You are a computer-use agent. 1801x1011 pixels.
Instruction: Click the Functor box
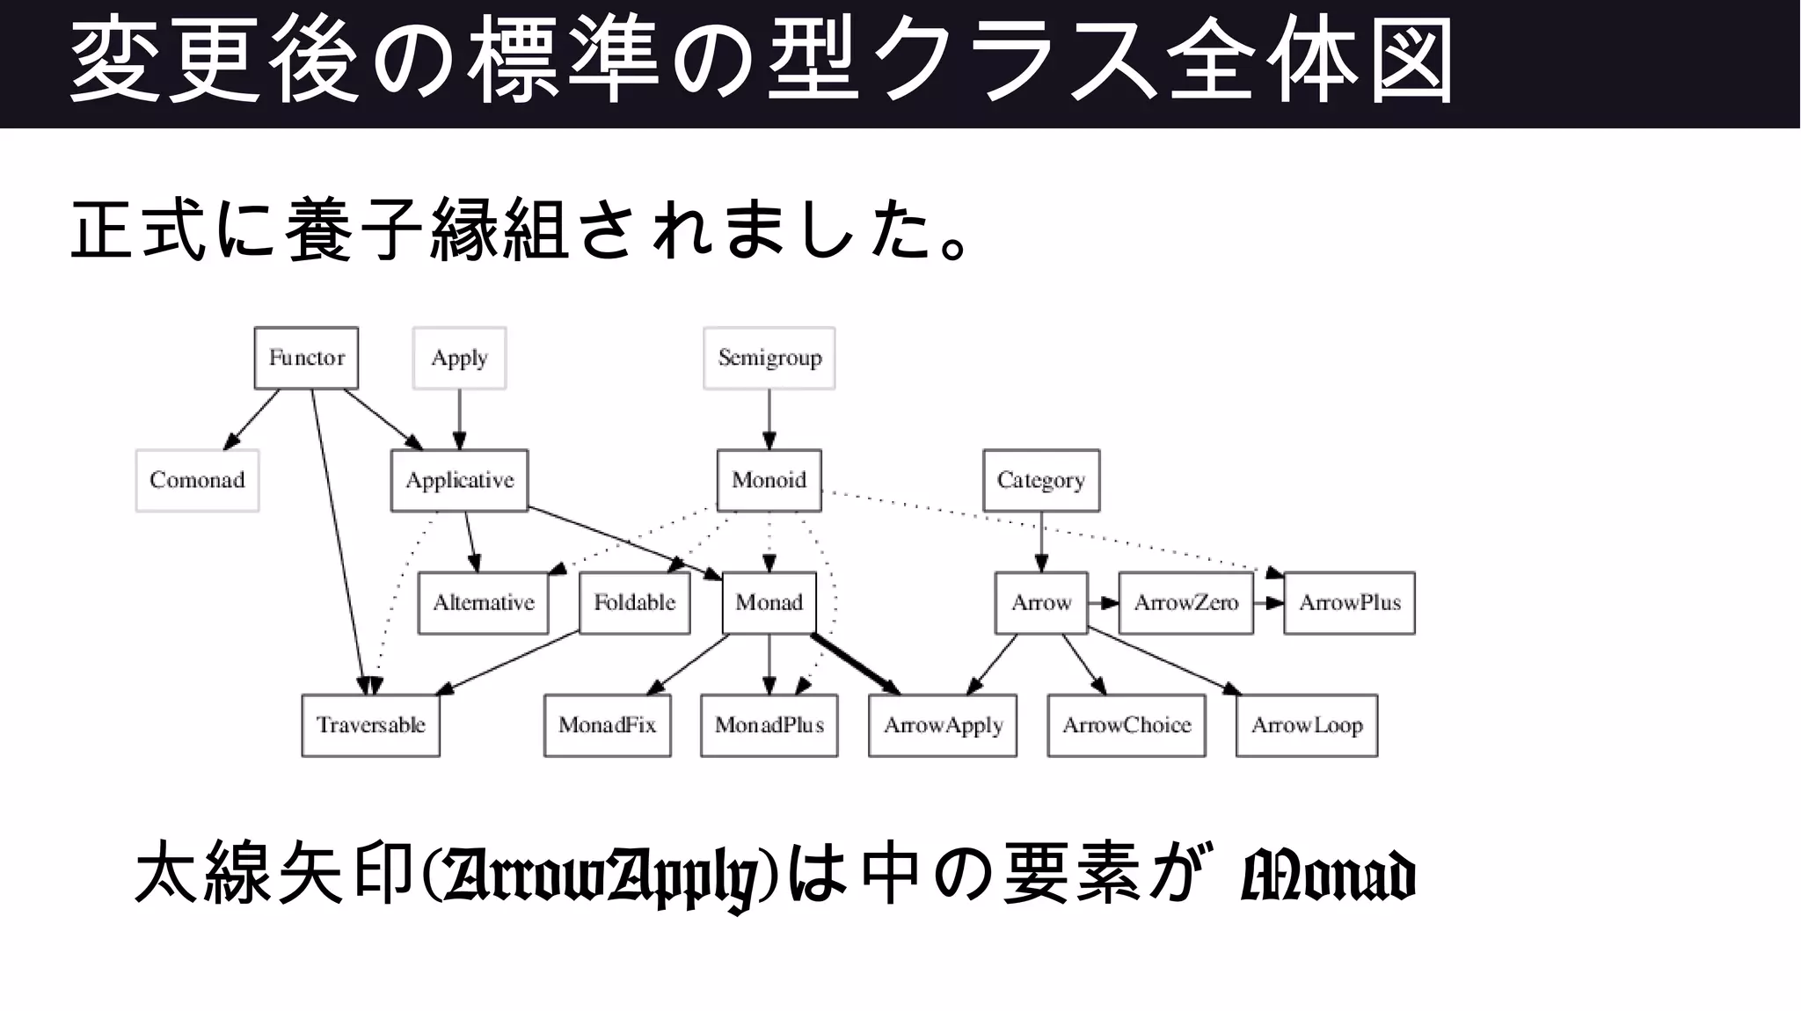click(306, 358)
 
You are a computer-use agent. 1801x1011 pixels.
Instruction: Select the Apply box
click(459, 358)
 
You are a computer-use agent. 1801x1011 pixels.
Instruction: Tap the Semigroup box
click(769, 358)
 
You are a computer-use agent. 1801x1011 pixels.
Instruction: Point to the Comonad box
click(197, 480)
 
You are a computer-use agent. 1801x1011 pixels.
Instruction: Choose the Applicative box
click(459, 480)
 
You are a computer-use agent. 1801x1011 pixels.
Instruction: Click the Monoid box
click(769, 480)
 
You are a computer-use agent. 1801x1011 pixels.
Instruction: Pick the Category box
click(1041, 480)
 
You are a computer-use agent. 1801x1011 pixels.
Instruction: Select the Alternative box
click(483, 603)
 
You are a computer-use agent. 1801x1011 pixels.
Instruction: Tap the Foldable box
click(634, 603)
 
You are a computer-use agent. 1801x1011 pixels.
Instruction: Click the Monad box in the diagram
click(769, 603)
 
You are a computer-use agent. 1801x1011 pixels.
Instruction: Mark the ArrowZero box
click(1185, 603)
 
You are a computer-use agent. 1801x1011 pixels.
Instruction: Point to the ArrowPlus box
click(1350, 603)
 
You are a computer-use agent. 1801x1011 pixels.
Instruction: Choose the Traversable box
click(370, 725)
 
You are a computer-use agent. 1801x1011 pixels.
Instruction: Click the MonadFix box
click(607, 725)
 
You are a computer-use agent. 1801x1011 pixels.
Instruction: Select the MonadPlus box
click(769, 725)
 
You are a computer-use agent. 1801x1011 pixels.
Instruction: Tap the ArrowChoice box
click(1127, 725)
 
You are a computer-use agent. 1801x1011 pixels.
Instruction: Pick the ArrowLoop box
click(1307, 725)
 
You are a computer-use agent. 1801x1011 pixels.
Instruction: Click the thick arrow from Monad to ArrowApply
click(853, 663)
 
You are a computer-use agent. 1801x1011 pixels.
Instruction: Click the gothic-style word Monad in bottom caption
click(1327, 876)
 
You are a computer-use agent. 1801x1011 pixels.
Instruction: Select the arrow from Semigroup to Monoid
click(769, 418)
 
